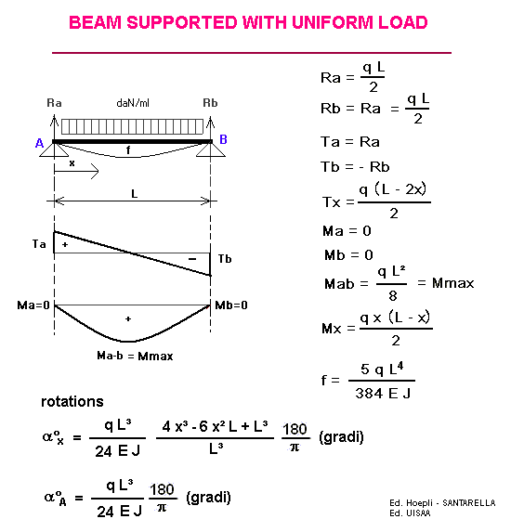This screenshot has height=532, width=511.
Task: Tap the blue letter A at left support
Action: pyautogui.click(x=39, y=143)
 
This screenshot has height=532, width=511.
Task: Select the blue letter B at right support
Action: pyautogui.click(x=223, y=139)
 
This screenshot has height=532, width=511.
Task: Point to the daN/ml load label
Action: pyautogui.click(x=133, y=103)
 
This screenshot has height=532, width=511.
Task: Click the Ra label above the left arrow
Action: pyautogui.click(x=54, y=103)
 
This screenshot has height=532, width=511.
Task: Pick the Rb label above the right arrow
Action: pyautogui.click(x=210, y=103)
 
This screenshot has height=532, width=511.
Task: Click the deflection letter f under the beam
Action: pyautogui.click(x=128, y=149)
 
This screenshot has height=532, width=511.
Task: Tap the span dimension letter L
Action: pyautogui.click(x=135, y=194)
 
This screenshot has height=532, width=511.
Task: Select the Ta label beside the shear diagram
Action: pyautogui.click(x=39, y=244)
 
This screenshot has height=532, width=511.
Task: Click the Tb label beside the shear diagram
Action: pyautogui.click(x=225, y=259)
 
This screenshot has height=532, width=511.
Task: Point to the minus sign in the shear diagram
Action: pyautogui.click(x=192, y=259)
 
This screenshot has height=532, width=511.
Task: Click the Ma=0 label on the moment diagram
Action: pyautogui.click(x=33, y=305)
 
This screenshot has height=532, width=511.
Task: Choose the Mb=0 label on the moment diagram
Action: pyautogui.click(x=231, y=305)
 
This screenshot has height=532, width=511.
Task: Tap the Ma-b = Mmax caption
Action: pyautogui.click(x=135, y=356)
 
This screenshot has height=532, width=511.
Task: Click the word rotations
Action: pyautogui.click(x=72, y=402)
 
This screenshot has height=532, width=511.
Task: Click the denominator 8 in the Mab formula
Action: pyautogui.click(x=393, y=296)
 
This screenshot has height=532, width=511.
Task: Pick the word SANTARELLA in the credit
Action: pyautogui.click(x=469, y=503)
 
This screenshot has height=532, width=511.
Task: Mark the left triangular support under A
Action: pyautogui.click(x=54, y=150)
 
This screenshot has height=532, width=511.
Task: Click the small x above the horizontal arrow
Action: pyautogui.click(x=72, y=163)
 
